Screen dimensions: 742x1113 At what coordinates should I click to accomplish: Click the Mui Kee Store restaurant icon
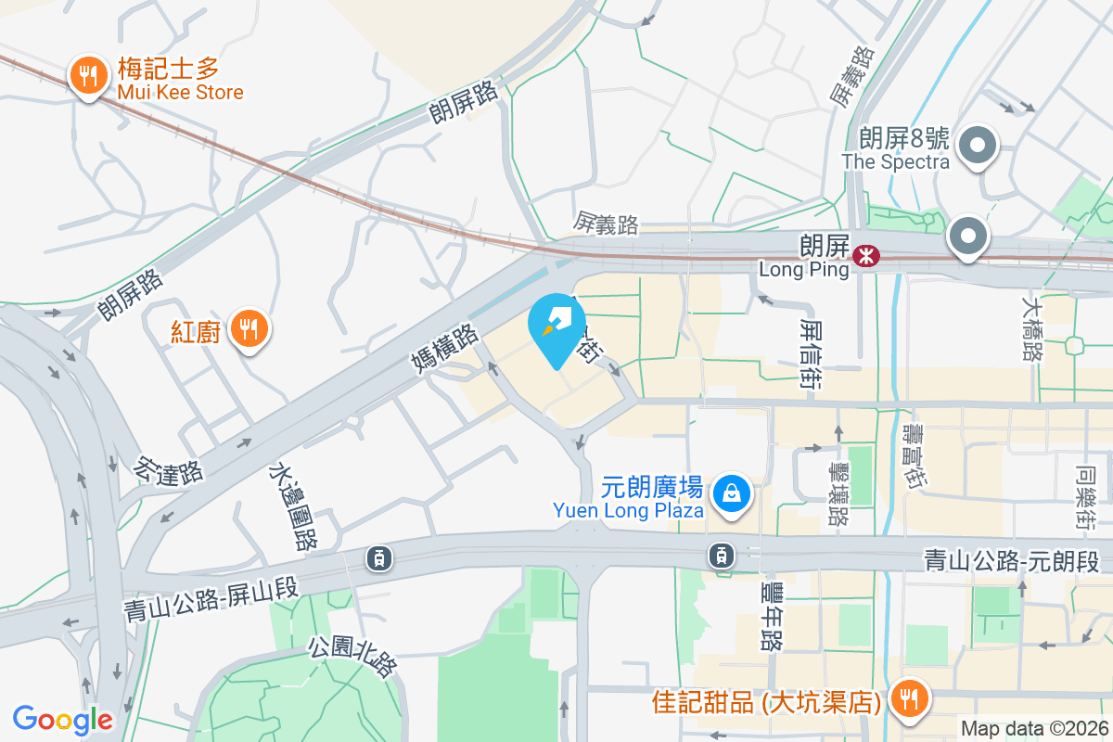pos(88,76)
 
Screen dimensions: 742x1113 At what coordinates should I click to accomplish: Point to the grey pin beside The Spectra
pos(977,147)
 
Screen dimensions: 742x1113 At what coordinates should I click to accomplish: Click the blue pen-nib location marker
pos(556,326)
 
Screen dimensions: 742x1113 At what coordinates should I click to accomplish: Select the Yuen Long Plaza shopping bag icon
pos(732,493)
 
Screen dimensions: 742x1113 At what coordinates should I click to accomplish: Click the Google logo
pos(63,719)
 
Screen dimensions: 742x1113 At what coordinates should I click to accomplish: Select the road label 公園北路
pos(353,657)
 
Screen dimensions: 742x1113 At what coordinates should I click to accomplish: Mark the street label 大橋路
pos(1031,327)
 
